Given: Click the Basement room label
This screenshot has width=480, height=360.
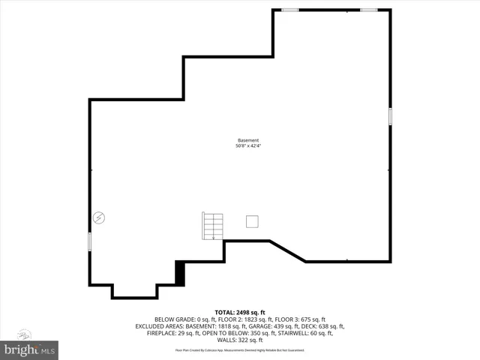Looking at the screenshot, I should click(248, 140).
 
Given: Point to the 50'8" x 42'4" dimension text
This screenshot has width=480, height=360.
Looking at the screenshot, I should click(248, 145).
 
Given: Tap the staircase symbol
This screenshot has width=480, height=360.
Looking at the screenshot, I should click(213, 226).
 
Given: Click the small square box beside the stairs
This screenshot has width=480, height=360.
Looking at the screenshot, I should click(253, 220).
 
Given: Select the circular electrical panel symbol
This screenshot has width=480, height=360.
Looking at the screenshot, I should click(99, 218).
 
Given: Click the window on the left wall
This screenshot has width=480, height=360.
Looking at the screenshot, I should click(90, 241).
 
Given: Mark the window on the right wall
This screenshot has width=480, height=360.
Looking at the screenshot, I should click(390, 116).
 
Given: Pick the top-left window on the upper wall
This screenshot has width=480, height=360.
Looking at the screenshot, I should click(290, 10).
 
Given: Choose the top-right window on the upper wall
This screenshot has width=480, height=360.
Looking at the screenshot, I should click(368, 10).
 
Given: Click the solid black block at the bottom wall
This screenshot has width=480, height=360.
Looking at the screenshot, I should click(180, 272).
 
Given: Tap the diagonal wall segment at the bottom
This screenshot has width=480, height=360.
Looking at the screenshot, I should click(287, 251).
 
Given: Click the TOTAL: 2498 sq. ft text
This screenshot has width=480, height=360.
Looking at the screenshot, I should click(240, 312).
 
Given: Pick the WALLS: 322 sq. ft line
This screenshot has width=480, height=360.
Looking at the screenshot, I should click(240, 340).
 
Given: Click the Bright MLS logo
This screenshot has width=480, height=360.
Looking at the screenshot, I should click(30, 349).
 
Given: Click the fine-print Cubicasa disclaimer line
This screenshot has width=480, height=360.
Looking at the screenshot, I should click(240, 349).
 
